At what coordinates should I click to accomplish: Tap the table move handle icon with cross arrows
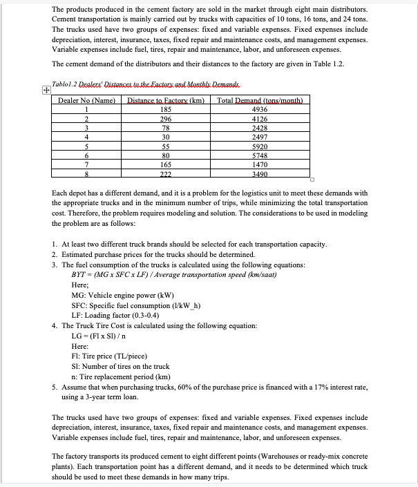pyautogui.click(x=46, y=90)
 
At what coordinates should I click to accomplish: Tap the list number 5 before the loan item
pyautogui.click(x=54, y=388)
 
